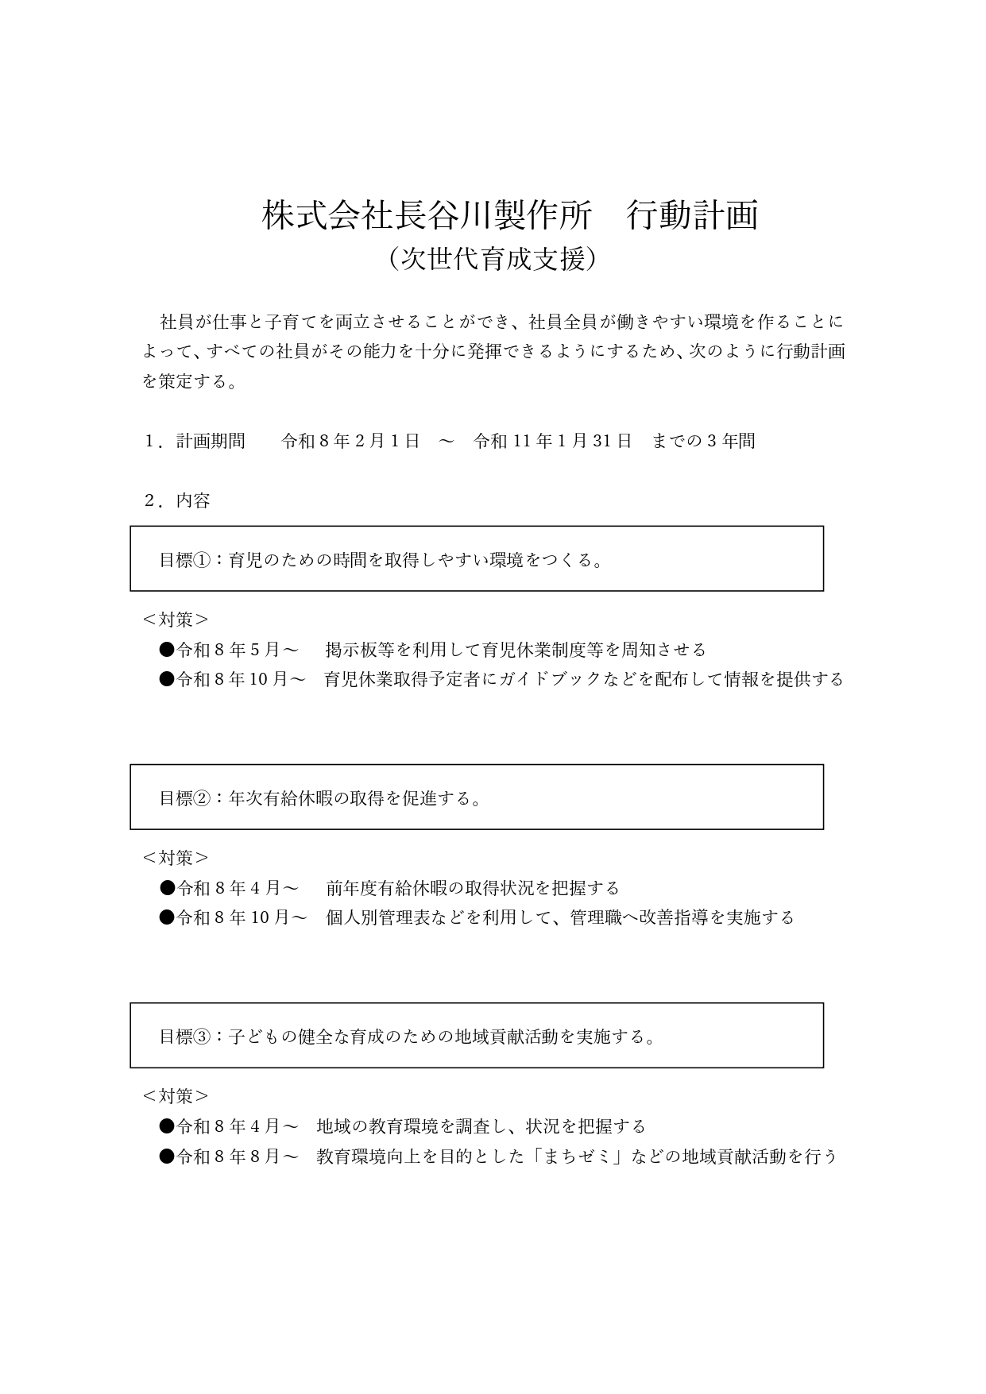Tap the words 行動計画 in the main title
[x=692, y=216]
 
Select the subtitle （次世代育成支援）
[x=493, y=259]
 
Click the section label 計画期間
[x=211, y=441]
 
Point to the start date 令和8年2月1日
[x=350, y=441]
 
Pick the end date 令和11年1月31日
[x=553, y=441]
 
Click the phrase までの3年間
[x=703, y=441]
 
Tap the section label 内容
[x=193, y=501]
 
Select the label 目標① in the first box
[x=185, y=560]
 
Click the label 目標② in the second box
[x=185, y=798]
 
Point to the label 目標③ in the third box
[x=185, y=1037]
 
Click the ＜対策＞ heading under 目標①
[x=176, y=620]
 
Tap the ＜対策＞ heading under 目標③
[x=176, y=1096]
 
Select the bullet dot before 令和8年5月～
[x=167, y=650]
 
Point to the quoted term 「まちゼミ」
[x=577, y=1157]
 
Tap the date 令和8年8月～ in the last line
[x=237, y=1157]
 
